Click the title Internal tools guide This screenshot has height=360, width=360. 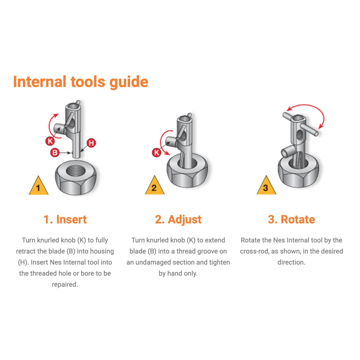click(81, 82)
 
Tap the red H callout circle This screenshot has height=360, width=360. click(91, 143)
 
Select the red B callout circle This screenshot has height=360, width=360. click(55, 153)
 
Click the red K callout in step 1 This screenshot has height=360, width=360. click(50, 141)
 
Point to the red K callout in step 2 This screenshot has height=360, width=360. click(156, 153)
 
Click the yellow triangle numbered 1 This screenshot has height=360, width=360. click(38, 186)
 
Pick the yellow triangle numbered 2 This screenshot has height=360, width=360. click(155, 186)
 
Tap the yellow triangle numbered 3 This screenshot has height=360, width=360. click(266, 186)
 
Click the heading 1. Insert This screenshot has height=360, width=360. click(65, 219)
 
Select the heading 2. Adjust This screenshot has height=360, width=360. click(178, 219)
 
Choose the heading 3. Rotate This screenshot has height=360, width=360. click(291, 219)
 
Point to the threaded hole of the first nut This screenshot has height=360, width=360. click(76, 171)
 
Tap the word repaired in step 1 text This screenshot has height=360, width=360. click(65, 285)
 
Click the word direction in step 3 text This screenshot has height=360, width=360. click(291, 262)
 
